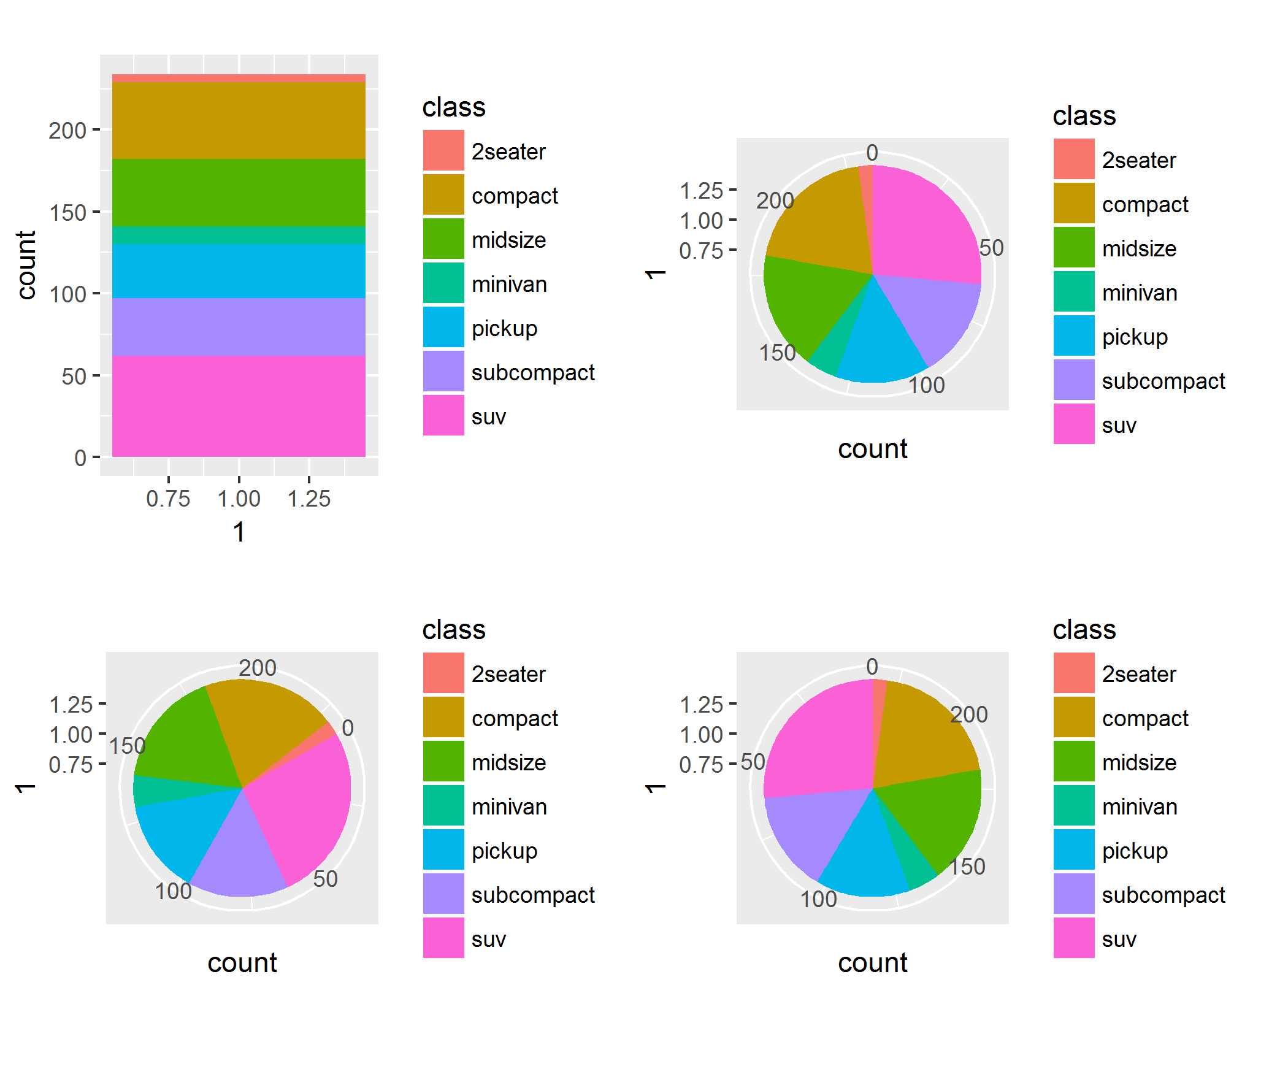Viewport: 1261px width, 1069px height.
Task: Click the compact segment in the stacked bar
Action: [x=239, y=120]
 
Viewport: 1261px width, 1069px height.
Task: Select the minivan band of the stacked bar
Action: [x=239, y=236]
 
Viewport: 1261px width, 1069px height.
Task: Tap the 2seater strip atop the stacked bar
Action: [x=239, y=78]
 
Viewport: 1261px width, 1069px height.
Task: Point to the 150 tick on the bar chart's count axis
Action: [x=67, y=213]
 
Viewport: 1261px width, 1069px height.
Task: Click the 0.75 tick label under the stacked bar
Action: [x=168, y=499]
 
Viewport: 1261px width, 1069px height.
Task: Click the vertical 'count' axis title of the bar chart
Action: [x=26, y=265]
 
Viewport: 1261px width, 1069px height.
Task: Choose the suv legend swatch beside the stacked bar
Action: [x=443, y=415]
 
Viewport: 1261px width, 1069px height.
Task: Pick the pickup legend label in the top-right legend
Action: [x=1135, y=337]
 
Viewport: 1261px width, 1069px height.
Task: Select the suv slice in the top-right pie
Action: [x=920, y=227]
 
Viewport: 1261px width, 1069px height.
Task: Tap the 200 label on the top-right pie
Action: [x=775, y=201]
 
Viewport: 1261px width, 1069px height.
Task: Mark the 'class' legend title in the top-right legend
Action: [x=1084, y=116]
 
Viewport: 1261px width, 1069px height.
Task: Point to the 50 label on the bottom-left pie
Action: [x=325, y=879]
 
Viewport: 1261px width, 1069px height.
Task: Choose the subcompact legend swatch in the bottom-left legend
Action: [x=443, y=894]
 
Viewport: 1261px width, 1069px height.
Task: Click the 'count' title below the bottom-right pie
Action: [x=872, y=963]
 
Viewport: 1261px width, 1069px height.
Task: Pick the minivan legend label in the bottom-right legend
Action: [x=1140, y=807]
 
